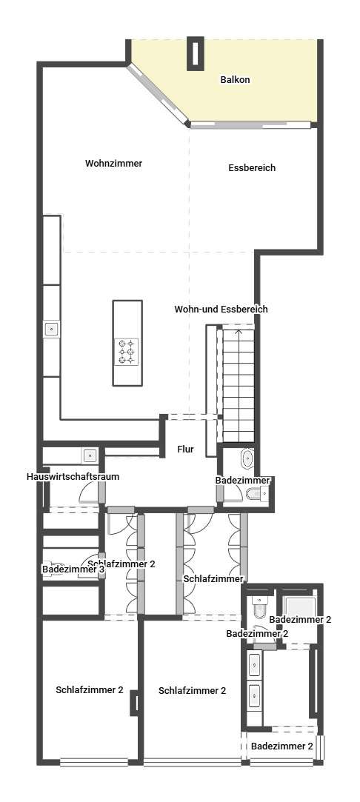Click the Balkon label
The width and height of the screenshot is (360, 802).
(x=236, y=80)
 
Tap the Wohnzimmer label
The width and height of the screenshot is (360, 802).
(x=113, y=164)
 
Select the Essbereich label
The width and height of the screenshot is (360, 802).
(x=252, y=168)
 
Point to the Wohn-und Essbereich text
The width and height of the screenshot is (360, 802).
(x=221, y=310)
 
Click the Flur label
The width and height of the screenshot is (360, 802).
(x=185, y=450)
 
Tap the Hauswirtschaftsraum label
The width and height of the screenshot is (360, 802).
(x=73, y=477)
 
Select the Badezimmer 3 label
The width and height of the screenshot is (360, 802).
(x=73, y=569)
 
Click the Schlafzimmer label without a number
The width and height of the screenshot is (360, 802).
(x=213, y=579)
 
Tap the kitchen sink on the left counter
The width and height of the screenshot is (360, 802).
(x=52, y=329)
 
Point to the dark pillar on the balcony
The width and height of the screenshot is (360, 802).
(x=196, y=53)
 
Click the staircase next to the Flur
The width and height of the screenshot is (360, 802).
(x=239, y=383)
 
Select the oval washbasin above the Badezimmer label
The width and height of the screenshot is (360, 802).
(x=247, y=459)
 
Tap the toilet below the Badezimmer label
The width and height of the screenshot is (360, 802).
(x=255, y=494)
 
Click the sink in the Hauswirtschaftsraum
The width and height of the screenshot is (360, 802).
(x=90, y=455)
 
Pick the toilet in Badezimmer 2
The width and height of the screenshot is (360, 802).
(x=259, y=608)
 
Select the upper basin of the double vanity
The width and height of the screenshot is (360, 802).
(x=255, y=664)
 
